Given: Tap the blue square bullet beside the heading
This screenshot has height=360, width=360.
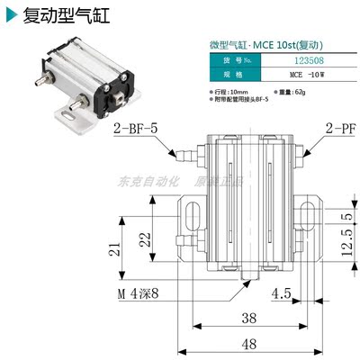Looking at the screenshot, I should tap(11, 16).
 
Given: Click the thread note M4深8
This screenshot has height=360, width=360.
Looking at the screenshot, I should tap(134, 292).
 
